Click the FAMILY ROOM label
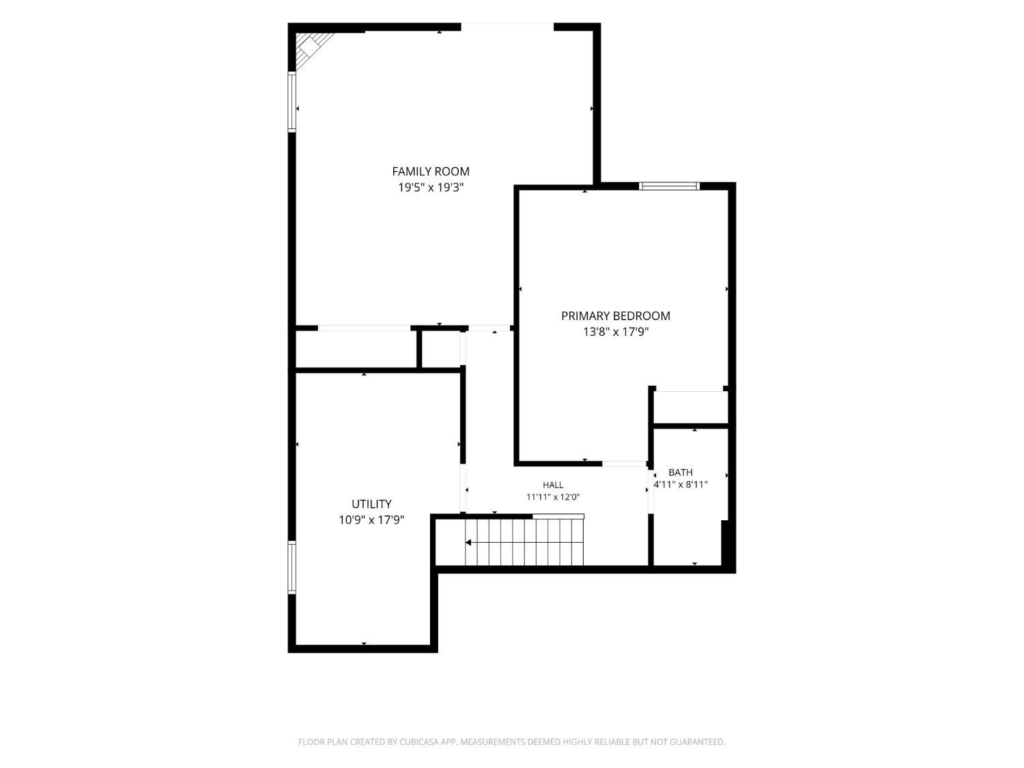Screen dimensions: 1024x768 coord(430,171)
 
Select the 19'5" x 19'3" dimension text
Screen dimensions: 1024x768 coord(430,188)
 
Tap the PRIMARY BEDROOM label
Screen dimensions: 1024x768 coord(615,316)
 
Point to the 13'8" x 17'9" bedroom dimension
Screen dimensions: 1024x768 coord(615,332)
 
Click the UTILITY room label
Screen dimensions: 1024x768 coord(371,504)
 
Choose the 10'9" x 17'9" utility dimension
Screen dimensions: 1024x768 coord(371,520)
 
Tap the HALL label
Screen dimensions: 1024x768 coord(553,485)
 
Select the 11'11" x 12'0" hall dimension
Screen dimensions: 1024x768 coord(553,497)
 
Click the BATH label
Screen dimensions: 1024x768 coord(680,472)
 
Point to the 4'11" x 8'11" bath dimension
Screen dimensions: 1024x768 coord(680,485)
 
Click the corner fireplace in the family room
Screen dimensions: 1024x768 coord(310,49)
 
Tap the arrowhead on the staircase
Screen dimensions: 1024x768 coord(468,542)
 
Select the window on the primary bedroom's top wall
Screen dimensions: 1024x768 coord(669,186)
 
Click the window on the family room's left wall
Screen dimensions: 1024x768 coord(292,101)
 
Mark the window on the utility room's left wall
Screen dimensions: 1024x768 coord(292,567)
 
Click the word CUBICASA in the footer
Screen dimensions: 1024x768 coord(419,742)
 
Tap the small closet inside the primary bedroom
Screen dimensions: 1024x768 coord(690,408)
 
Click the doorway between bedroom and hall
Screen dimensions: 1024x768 coord(624,464)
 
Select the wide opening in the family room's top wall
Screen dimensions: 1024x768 coord(507,27)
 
